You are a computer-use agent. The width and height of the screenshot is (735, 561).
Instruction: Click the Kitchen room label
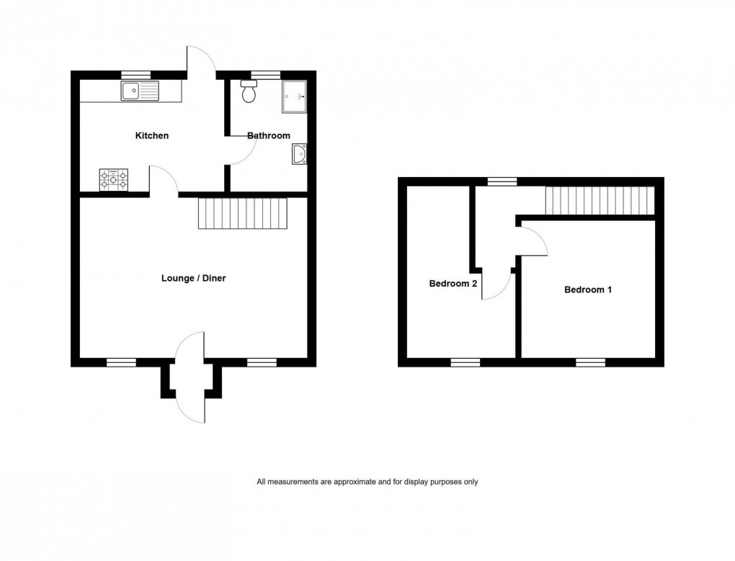152,135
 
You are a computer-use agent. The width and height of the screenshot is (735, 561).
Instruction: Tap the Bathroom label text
269,135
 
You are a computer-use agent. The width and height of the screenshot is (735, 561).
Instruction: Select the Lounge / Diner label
194,278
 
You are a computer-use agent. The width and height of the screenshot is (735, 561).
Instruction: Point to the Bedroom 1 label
588,290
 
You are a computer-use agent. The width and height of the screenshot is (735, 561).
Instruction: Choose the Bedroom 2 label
453,284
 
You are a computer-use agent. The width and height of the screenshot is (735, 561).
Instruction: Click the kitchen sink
140,91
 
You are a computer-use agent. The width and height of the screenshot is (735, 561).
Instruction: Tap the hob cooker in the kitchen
114,180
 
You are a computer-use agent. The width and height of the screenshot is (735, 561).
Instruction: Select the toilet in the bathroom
249,91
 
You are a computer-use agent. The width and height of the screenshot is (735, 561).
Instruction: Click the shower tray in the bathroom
295,97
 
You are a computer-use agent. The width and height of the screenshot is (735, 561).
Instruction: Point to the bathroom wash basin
299,154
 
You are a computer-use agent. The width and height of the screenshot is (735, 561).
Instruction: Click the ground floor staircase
243,214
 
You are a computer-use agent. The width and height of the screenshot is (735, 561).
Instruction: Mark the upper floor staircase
600,199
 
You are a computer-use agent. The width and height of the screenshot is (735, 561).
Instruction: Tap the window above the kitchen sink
135,74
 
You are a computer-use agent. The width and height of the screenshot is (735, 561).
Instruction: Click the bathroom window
265,74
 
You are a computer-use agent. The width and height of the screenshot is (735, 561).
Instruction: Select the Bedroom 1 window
590,362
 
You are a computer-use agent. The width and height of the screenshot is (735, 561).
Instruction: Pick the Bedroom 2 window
465,362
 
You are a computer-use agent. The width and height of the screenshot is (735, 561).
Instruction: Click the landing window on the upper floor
502,181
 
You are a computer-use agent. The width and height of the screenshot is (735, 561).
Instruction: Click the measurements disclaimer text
367,482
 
